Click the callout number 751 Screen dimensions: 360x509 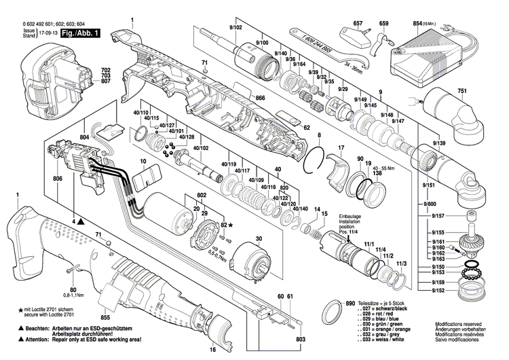462,92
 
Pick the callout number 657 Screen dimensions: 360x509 358,24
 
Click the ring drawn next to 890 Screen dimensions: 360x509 330,312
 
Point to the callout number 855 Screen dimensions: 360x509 105,317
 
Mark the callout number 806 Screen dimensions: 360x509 58,179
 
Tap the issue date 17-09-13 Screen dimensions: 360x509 47,32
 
